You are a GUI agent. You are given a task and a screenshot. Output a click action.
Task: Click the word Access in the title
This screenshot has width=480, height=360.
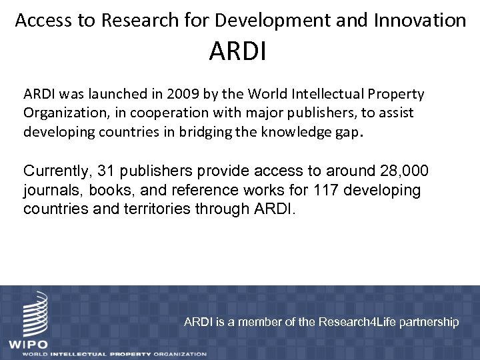coord(42,21)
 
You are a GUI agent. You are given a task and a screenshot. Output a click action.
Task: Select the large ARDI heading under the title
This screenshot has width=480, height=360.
coord(237,52)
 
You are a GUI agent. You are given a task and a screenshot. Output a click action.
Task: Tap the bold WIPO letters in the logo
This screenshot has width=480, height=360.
coord(27,343)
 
